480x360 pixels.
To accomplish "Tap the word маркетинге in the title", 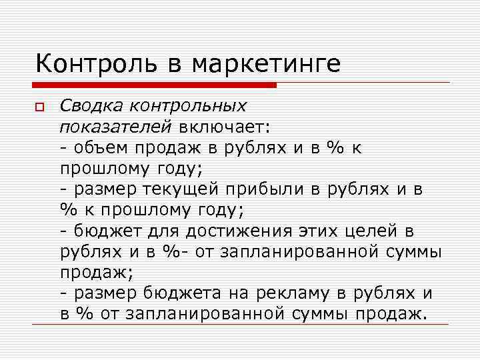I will click(x=265, y=64).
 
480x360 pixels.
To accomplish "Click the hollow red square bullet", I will click(x=40, y=107).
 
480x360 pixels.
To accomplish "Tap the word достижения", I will click(x=247, y=231).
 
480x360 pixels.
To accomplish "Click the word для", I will click(x=169, y=231).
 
